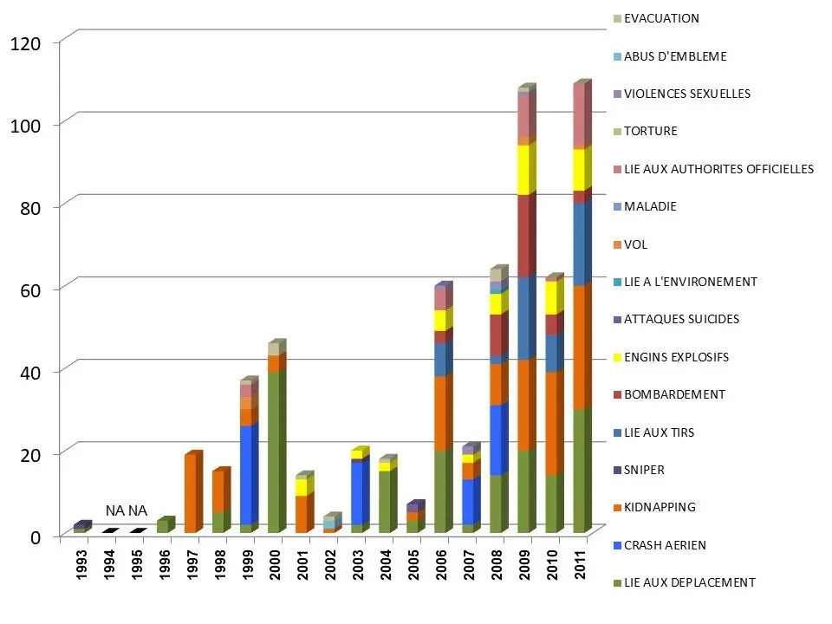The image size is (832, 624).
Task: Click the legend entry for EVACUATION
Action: point(661,18)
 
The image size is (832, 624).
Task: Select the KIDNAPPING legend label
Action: point(660,507)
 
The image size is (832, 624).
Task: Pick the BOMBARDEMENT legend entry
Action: point(673,394)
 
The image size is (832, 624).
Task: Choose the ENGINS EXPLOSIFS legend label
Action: point(676,357)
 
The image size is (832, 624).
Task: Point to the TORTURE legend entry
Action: point(651,131)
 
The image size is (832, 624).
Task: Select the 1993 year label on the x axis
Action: point(81,564)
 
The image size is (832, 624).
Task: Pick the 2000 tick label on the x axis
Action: point(275,564)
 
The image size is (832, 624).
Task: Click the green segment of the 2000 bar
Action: point(275,451)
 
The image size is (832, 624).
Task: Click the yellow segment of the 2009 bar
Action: point(524,170)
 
